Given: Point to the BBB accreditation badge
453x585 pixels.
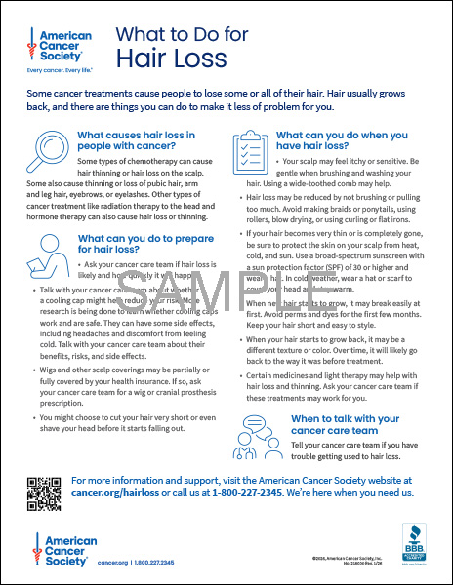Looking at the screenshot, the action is coord(414,542).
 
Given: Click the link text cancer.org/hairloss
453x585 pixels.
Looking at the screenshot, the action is coord(114,493).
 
